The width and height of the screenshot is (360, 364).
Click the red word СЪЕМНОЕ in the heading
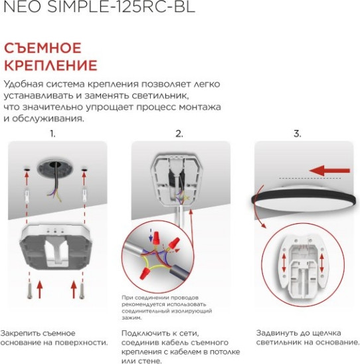(43, 48)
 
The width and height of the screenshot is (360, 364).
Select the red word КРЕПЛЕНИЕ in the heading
(50, 66)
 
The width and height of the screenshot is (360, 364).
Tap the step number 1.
(52, 134)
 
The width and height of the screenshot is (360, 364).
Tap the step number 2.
(179, 134)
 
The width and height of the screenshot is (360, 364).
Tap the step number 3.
(297, 134)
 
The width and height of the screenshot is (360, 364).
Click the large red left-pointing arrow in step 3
(330, 171)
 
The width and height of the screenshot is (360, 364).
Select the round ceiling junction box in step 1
(54, 169)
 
